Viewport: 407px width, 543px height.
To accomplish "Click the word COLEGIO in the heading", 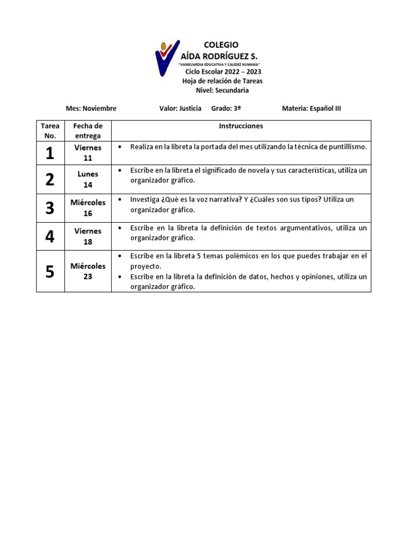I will tap(221, 45).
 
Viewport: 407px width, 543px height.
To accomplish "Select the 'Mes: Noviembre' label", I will tap(91, 108).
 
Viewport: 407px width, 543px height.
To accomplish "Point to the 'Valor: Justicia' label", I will tap(180, 108).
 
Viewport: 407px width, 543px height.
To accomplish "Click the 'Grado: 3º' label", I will tap(226, 108).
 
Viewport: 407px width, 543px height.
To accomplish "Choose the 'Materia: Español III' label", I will tap(312, 108).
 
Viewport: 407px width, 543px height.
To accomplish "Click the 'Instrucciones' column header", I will tap(241, 126).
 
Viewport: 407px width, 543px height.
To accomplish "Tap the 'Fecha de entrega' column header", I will tap(88, 131).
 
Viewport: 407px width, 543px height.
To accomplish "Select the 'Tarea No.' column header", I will tap(50, 131).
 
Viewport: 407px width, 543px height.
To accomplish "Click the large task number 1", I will tap(50, 153).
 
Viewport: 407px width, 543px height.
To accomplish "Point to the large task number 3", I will tap(50, 208).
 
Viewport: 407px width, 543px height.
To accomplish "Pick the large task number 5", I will tap(50, 271).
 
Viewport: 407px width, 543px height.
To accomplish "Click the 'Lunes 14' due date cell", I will tap(88, 179).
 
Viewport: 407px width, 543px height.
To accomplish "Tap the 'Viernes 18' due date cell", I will tap(88, 237).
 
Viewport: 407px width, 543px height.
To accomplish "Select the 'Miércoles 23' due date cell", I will tap(88, 271).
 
